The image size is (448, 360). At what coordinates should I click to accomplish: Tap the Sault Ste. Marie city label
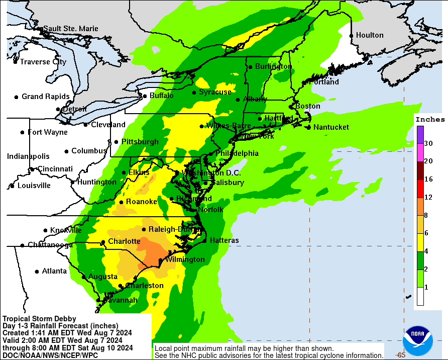(70, 29)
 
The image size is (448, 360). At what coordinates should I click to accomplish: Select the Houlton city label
(370, 35)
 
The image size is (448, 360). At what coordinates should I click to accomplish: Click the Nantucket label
(331, 127)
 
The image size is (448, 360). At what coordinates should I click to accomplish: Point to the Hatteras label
(224, 240)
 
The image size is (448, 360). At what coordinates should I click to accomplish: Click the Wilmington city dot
(160, 260)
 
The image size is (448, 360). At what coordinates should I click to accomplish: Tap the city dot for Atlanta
(37, 271)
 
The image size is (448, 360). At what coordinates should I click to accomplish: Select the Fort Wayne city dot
(23, 132)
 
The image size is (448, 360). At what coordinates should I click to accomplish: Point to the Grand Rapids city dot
(17, 97)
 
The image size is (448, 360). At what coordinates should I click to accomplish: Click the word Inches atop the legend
(430, 120)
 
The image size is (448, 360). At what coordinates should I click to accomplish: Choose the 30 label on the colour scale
(428, 143)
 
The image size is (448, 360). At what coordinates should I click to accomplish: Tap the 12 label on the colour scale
(428, 197)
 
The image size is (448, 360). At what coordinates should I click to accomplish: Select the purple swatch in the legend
(420, 134)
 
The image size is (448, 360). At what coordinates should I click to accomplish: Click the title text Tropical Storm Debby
(40, 319)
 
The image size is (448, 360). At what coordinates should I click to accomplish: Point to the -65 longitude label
(400, 354)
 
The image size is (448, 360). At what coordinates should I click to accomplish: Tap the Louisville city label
(34, 186)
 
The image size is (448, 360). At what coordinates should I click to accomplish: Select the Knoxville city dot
(46, 230)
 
